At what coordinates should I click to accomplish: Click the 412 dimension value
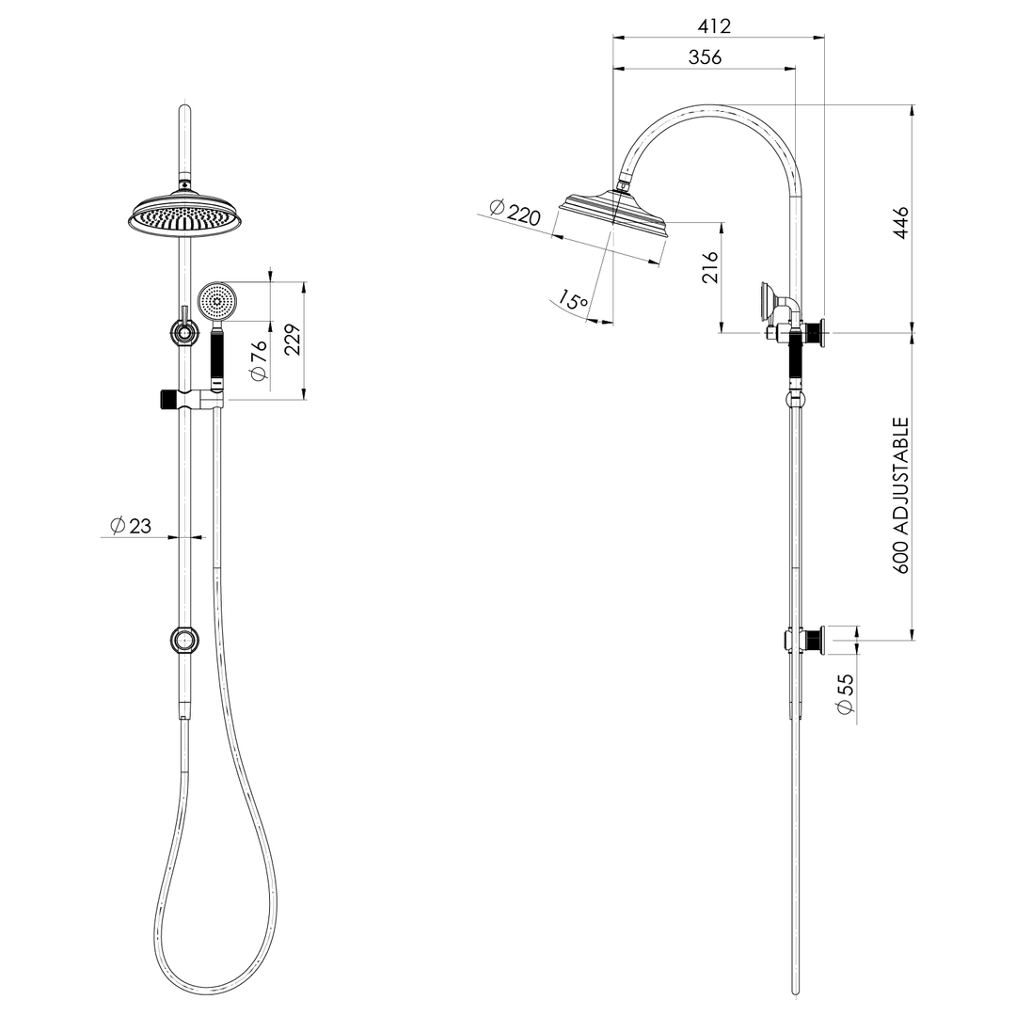715,25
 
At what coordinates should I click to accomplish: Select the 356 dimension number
705,56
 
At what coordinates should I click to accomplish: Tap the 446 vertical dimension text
901,222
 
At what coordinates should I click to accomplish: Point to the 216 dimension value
711,268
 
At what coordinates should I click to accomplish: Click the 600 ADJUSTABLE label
901,496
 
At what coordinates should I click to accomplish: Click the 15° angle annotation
572,301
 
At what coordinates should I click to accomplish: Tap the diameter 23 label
131,526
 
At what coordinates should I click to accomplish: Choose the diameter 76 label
259,361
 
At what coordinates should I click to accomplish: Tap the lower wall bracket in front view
184,641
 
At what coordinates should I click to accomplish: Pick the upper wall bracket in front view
184,331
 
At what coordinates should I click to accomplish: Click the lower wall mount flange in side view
816,641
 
